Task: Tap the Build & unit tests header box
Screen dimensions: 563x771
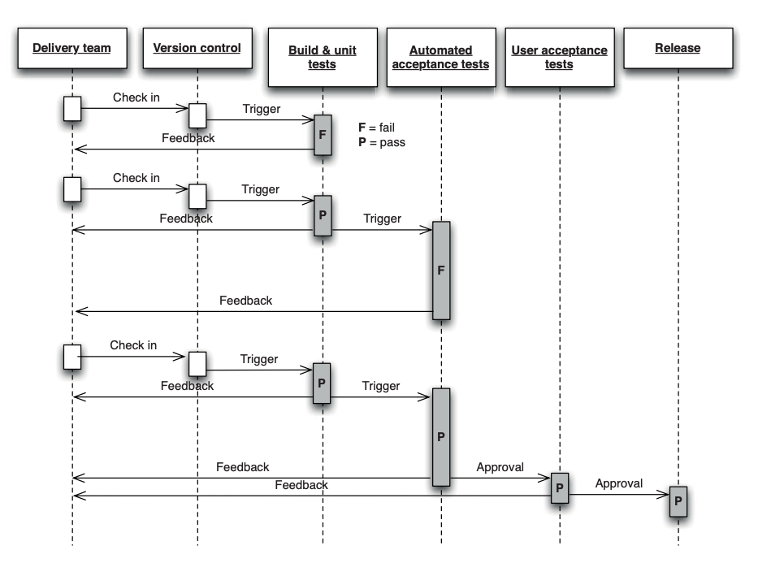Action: [x=322, y=57]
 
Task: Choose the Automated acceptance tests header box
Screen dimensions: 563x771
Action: [x=440, y=57]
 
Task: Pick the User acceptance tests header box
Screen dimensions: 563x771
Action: [x=559, y=57]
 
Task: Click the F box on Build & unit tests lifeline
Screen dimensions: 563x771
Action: [x=323, y=135]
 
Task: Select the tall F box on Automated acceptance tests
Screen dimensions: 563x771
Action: [x=441, y=270]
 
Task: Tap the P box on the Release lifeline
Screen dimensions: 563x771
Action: [x=678, y=501]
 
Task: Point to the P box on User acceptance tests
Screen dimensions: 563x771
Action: [x=559, y=487]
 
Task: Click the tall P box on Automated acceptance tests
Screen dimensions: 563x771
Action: [x=441, y=436]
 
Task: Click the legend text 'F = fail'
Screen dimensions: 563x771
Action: [x=376, y=128]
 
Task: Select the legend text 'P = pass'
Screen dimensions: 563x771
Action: [x=381, y=142]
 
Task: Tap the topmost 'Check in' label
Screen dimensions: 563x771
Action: [x=136, y=97]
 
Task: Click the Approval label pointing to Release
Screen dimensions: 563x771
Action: [x=618, y=483]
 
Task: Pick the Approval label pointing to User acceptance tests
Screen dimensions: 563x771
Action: [x=500, y=467]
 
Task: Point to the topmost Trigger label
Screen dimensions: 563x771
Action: [x=261, y=109]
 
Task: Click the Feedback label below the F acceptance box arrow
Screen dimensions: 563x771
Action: [x=245, y=301]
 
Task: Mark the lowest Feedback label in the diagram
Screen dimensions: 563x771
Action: [x=301, y=485]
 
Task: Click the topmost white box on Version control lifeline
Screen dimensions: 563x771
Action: [x=197, y=115]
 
